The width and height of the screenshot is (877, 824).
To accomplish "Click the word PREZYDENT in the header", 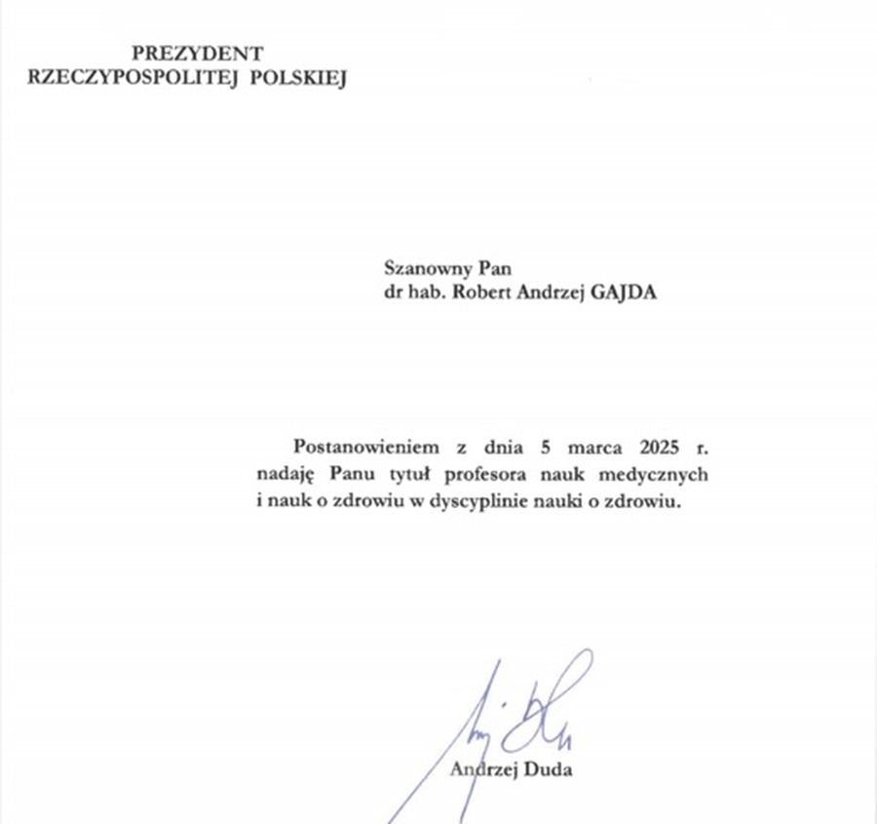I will [x=198, y=53].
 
